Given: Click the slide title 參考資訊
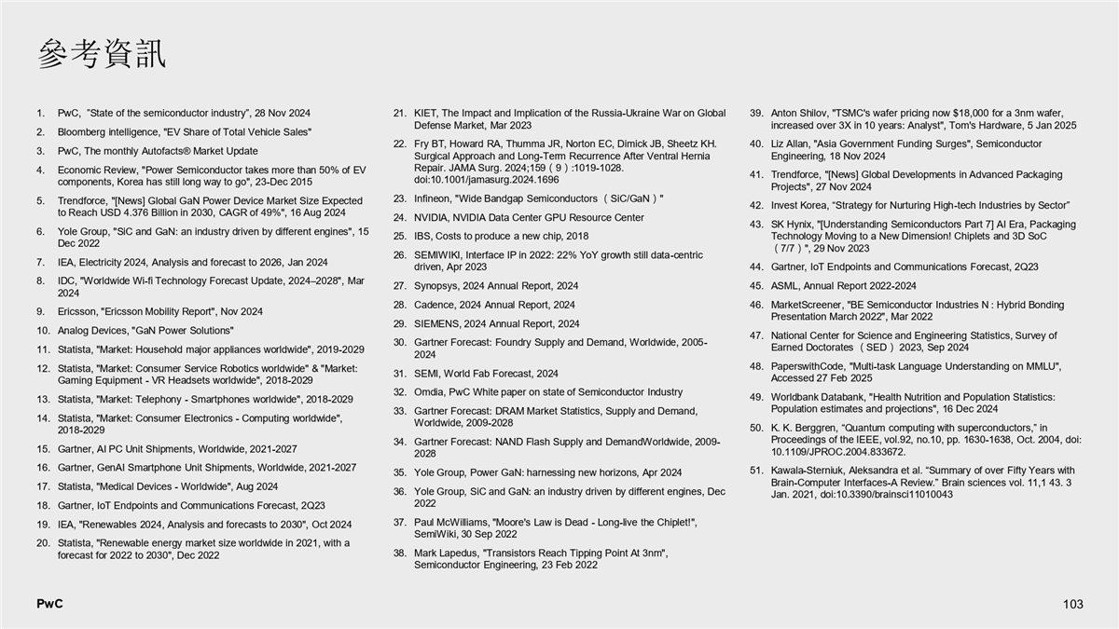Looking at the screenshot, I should click(x=103, y=54).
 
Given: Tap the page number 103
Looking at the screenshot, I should click(x=1072, y=605).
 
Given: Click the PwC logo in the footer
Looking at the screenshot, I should click(x=49, y=604).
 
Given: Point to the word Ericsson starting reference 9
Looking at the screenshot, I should click(x=77, y=311).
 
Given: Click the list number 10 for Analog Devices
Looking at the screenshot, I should click(x=43, y=330).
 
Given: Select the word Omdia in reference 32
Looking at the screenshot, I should click(x=430, y=391).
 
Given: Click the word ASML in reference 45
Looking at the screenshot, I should click(x=786, y=286).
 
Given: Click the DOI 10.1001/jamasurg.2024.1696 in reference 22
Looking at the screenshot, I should click(x=487, y=180).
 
